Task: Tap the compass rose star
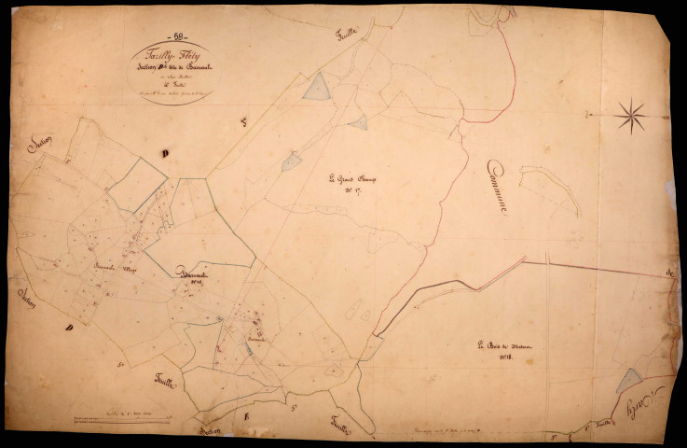point(632,115)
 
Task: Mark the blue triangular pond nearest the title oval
point(319,88)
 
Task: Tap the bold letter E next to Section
point(248,416)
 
